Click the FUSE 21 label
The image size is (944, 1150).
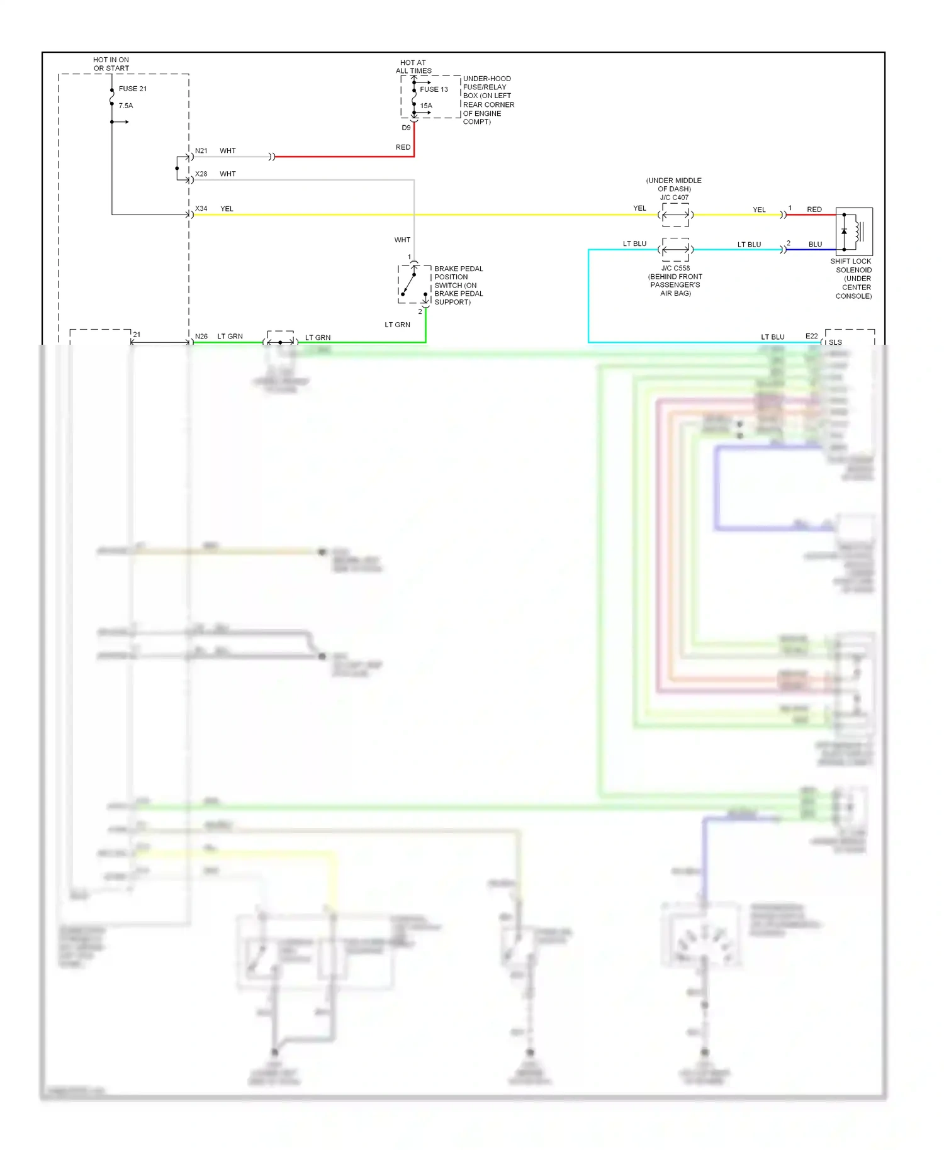point(132,89)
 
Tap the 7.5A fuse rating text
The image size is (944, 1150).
point(126,106)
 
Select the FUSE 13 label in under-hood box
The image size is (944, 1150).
point(434,89)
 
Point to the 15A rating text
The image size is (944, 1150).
point(426,106)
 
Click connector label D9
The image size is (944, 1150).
point(406,128)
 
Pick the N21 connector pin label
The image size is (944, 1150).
point(201,151)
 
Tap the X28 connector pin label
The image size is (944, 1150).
point(201,174)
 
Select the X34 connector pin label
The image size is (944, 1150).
point(201,209)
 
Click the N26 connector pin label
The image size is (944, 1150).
point(201,337)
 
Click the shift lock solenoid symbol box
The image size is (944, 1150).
point(854,232)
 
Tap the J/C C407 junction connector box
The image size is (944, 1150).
point(675,215)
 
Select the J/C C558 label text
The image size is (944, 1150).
point(675,268)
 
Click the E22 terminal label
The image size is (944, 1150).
point(811,337)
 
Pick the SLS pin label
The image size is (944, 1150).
point(835,343)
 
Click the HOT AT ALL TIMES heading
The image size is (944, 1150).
point(413,67)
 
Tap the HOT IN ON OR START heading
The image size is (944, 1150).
point(111,64)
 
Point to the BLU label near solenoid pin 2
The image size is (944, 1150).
point(815,245)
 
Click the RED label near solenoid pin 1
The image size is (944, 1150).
point(814,209)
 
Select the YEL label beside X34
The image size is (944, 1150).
point(227,209)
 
